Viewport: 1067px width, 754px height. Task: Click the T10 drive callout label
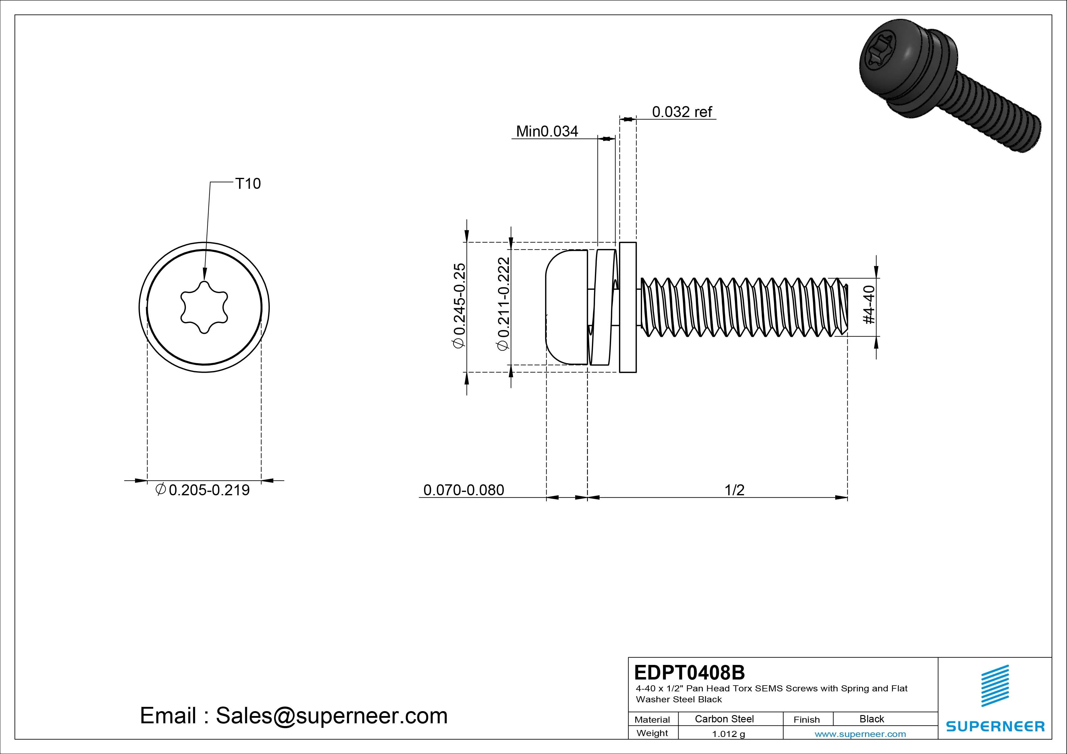tap(248, 184)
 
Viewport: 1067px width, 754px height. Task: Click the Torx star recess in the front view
tap(204, 307)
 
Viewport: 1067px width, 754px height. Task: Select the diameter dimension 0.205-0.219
tap(203, 490)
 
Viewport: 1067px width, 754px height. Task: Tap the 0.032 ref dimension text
tap(682, 112)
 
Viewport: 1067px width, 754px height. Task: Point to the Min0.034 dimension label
tap(547, 131)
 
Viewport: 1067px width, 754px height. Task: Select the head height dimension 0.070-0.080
tap(463, 490)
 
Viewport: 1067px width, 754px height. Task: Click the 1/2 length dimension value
tap(734, 490)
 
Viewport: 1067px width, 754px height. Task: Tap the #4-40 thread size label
tap(869, 305)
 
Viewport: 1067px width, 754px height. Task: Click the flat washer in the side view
tap(628, 307)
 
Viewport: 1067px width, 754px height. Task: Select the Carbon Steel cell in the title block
tap(724, 719)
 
